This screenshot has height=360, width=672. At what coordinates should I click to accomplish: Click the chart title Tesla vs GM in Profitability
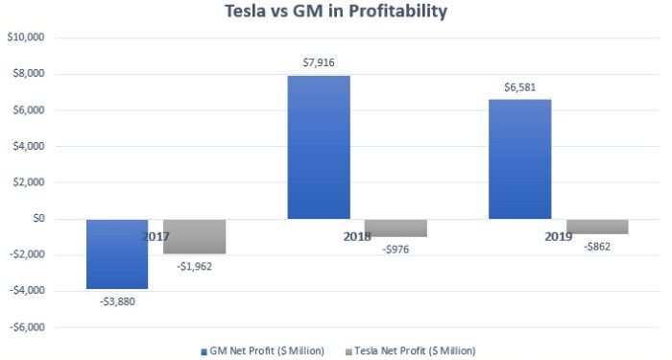click(x=335, y=13)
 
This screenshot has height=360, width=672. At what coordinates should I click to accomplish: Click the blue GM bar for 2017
click(x=117, y=253)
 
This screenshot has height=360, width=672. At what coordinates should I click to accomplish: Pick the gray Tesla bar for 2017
click(x=194, y=236)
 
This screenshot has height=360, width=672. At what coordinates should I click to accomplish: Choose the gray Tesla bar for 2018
click(x=396, y=228)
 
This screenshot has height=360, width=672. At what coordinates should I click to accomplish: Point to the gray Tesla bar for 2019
click(x=596, y=227)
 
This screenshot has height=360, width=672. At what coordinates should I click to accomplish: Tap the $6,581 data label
click(x=519, y=87)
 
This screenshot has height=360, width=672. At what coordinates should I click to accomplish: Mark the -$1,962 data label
click(x=193, y=267)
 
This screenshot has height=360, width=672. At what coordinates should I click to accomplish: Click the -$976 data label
click(x=395, y=250)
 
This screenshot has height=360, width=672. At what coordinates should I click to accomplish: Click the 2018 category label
click(x=357, y=235)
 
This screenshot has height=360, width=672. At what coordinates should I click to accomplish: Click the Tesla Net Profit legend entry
click(x=414, y=350)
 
